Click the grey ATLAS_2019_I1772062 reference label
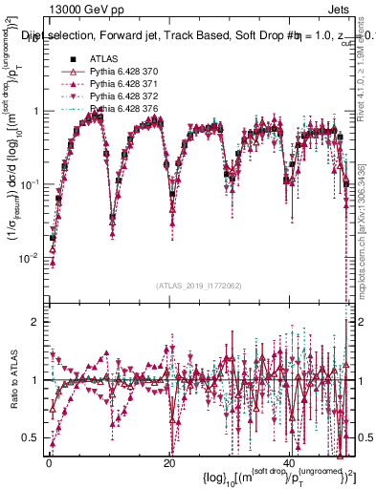tap(198, 287)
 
